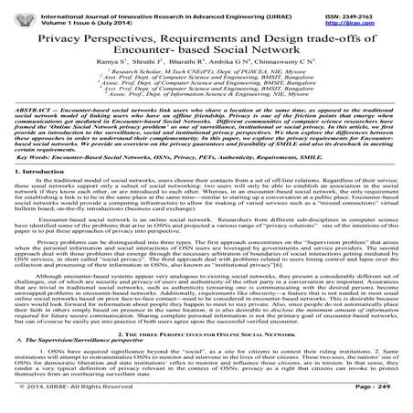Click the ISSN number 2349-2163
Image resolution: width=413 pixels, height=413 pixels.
point(370,7)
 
